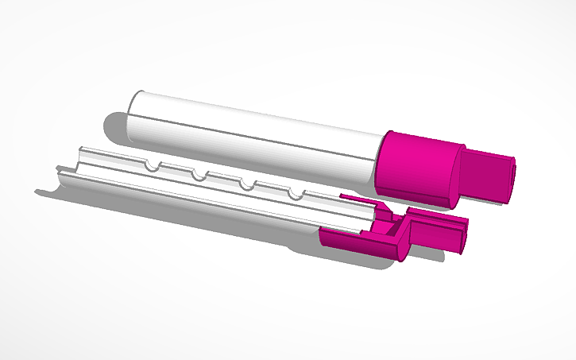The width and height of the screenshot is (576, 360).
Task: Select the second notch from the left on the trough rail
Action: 198,174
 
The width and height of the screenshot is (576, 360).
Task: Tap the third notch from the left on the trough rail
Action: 247,184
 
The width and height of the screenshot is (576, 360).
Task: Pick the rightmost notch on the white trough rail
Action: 296,194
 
